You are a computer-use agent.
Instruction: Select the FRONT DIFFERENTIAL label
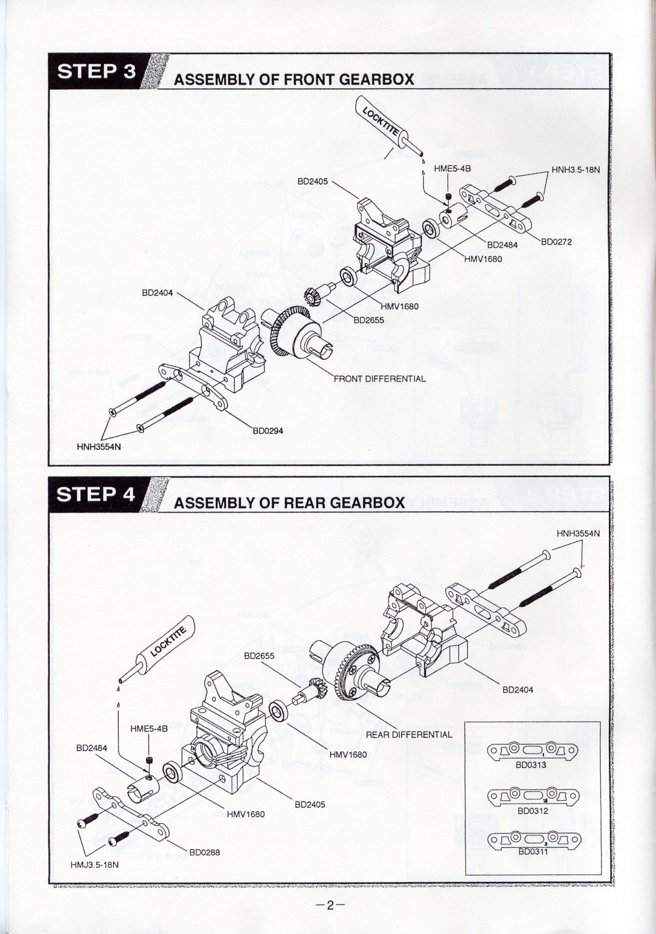(379, 379)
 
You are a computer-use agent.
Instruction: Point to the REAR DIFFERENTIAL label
(409, 735)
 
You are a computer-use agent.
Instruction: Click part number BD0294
(268, 431)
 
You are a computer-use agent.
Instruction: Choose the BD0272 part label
(556, 242)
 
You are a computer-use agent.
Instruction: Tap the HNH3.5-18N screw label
(575, 170)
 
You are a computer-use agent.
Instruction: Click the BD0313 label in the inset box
(531, 765)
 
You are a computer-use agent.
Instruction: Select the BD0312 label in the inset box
(532, 811)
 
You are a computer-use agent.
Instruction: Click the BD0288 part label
(204, 853)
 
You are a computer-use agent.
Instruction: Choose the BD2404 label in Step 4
(518, 690)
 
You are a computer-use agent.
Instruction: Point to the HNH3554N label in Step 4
(578, 534)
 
